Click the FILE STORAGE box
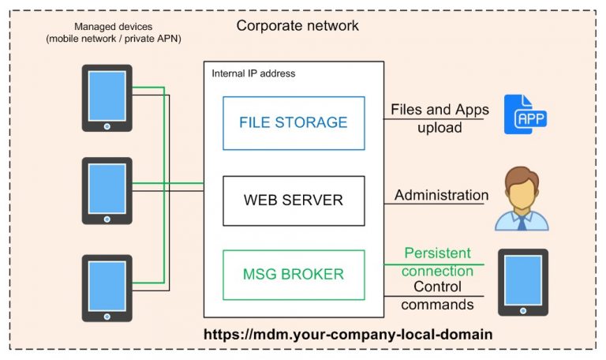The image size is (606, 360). click(294, 122)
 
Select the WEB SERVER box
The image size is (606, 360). click(294, 201)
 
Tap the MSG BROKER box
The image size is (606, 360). click(294, 275)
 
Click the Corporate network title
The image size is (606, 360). click(297, 26)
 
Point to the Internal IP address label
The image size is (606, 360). click(253, 73)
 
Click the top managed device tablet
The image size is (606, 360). click(107, 98)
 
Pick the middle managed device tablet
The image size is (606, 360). click(107, 190)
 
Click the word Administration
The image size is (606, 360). click(441, 195)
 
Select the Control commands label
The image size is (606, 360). click(437, 295)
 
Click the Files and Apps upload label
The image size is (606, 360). click(439, 118)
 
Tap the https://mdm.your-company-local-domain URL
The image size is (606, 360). click(348, 334)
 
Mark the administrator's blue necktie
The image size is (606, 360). click(521, 223)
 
